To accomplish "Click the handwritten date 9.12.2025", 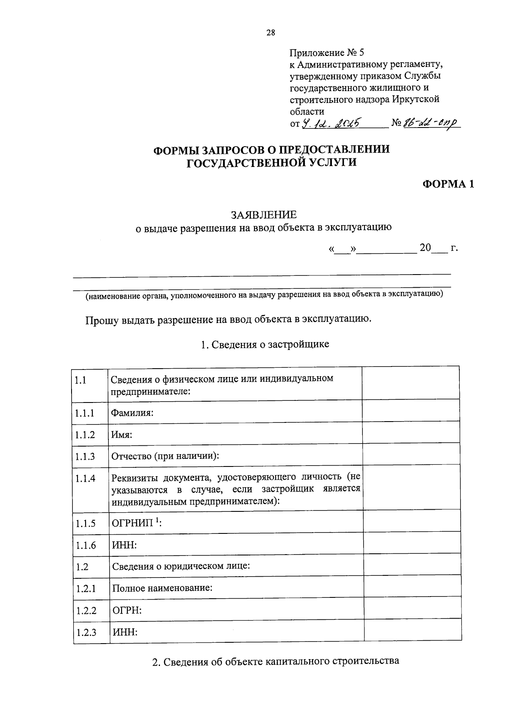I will (x=331, y=123).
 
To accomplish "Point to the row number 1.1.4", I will (x=85, y=478).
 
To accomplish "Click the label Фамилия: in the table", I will (x=132, y=412).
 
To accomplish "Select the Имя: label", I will (x=122, y=435).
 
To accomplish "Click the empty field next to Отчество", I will (x=411, y=454).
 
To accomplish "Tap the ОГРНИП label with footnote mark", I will (x=137, y=522).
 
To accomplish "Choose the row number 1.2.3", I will (x=86, y=633).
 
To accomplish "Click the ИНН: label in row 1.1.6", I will (x=124, y=545).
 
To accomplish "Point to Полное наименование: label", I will (x=162, y=588).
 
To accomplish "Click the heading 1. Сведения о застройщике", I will (x=265, y=344).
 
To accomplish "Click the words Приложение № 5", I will (x=326, y=53).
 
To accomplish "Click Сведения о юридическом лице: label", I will (x=181, y=566).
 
